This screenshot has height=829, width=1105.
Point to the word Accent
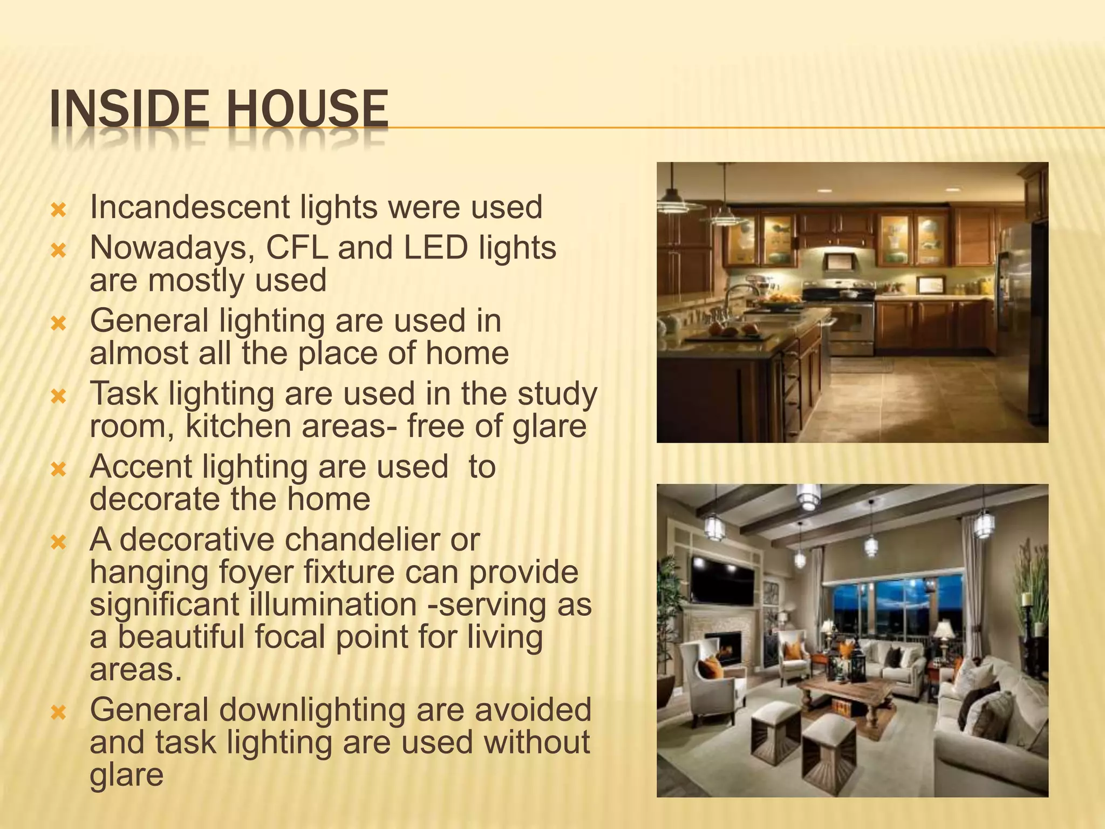[x=141, y=466]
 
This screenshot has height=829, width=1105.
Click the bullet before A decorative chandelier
[x=58, y=541]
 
